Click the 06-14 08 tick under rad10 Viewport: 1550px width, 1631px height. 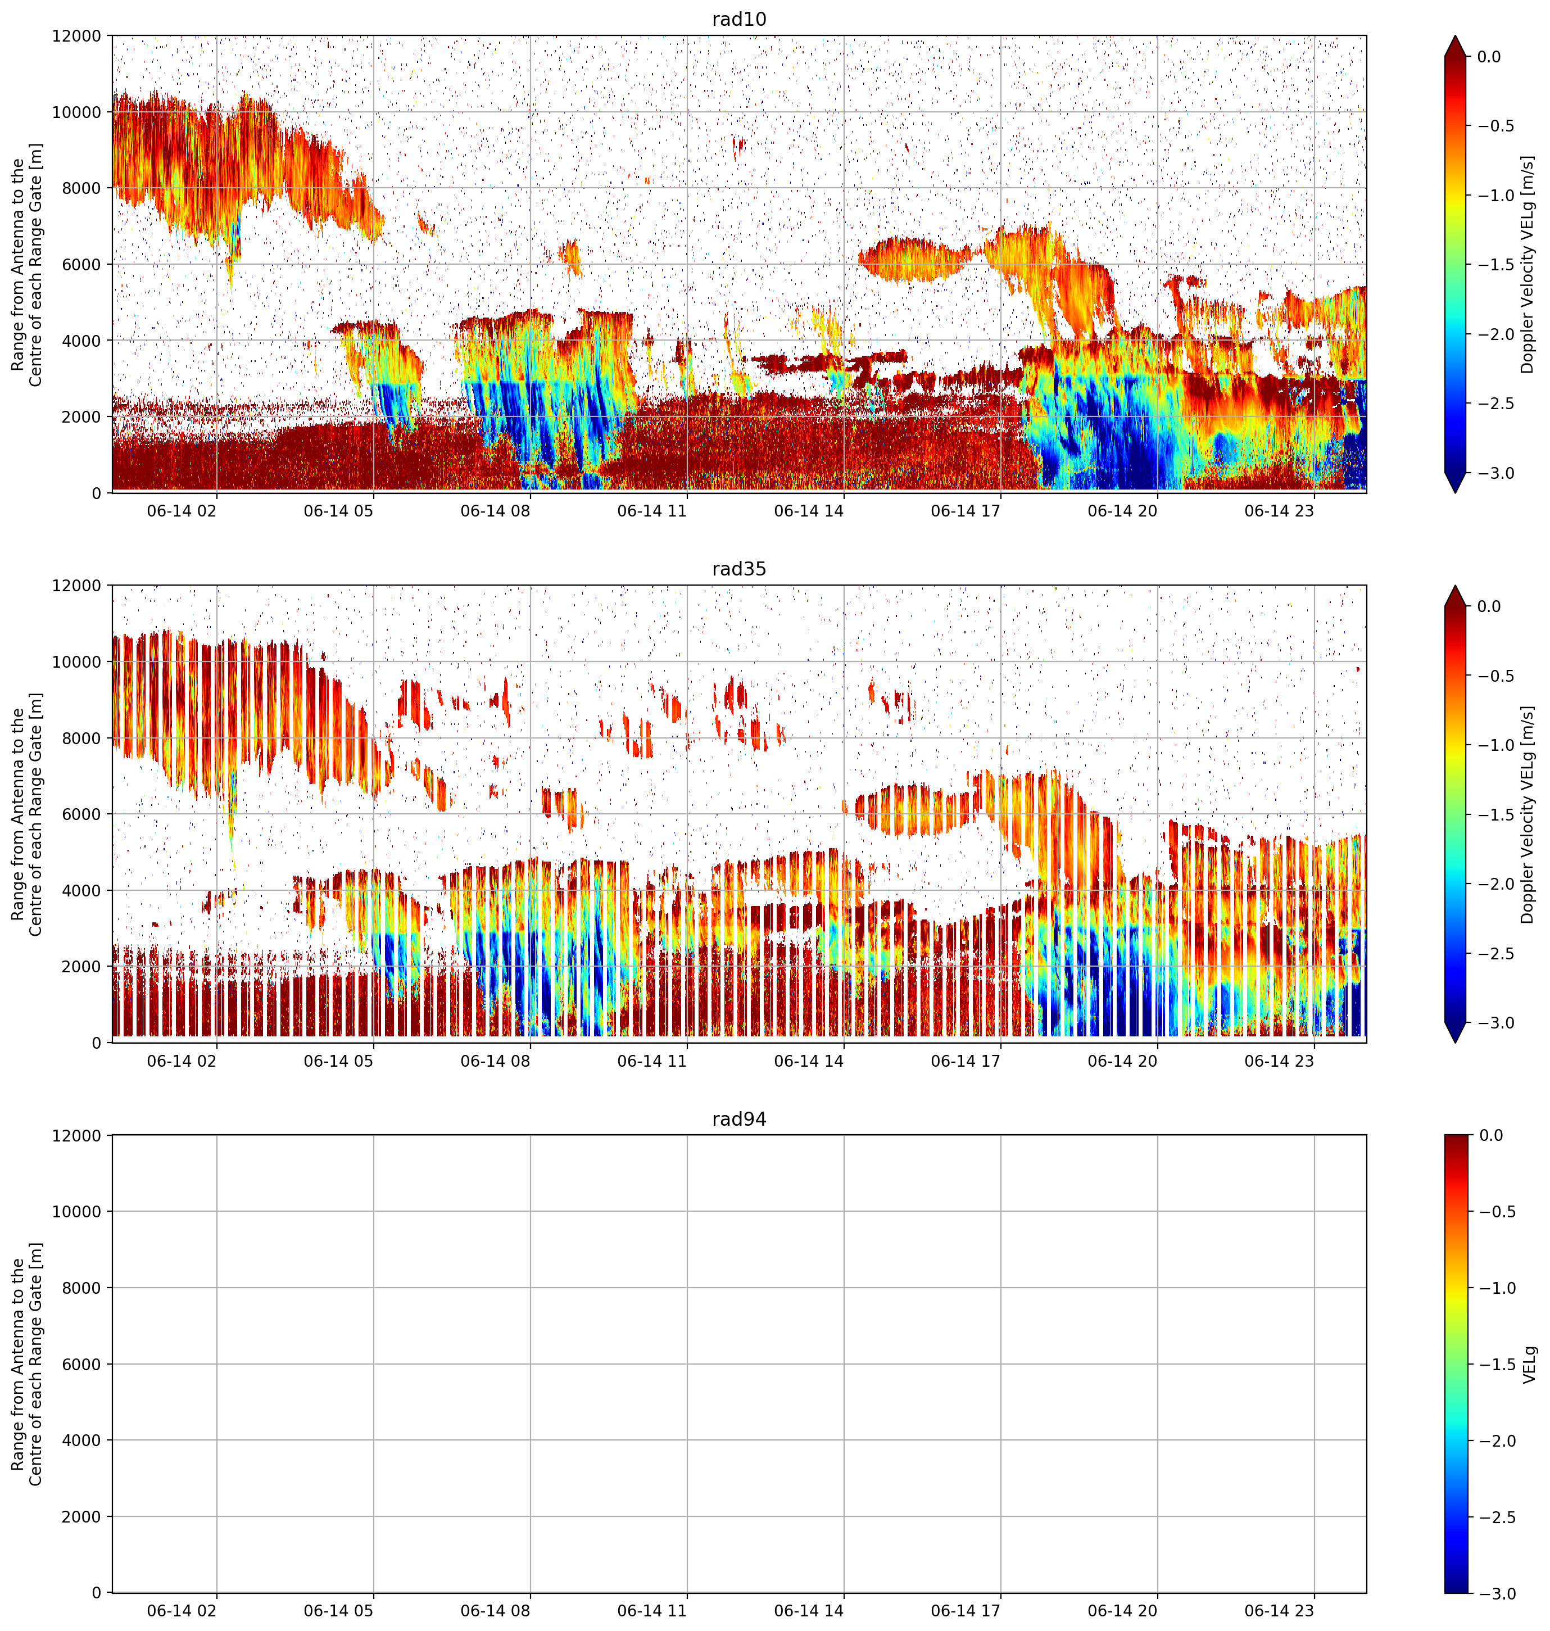click(x=495, y=511)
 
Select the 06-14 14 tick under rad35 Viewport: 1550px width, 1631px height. click(x=809, y=1061)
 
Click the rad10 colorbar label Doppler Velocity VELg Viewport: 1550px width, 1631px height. click(x=1527, y=264)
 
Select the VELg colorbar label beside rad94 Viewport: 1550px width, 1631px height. click(x=1529, y=1364)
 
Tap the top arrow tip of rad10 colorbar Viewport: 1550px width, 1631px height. click(x=1456, y=35)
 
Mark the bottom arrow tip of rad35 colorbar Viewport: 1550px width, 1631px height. click(x=1456, y=1043)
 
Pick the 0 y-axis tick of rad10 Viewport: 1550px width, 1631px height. click(x=97, y=493)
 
